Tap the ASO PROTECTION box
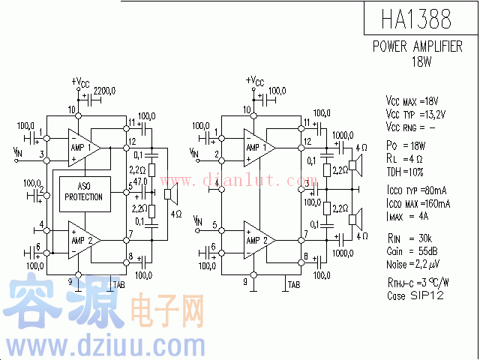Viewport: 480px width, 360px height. click(x=84, y=192)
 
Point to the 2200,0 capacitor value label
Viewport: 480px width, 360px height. click(x=104, y=91)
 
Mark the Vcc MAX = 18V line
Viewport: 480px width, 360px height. click(x=412, y=101)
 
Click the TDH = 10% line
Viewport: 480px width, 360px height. click(x=406, y=171)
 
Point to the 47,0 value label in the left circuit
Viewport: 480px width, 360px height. click(x=139, y=182)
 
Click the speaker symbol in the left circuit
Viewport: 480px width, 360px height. click(x=172, y=195)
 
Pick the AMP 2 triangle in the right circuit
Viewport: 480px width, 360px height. click(x=259, y=239)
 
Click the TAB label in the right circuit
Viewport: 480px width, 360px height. click(x=293, y=285)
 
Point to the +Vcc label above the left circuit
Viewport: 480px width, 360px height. click(x=80, y=81)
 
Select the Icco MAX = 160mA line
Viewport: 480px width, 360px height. click(x=418, y=204)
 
